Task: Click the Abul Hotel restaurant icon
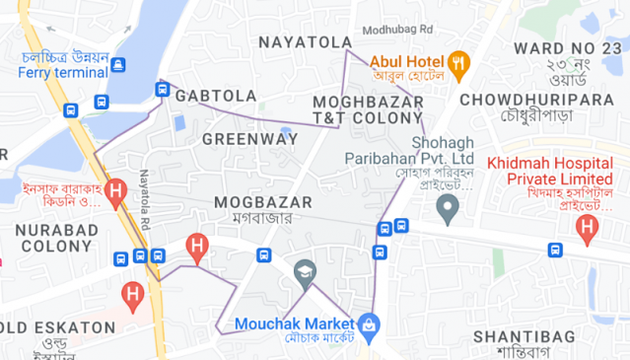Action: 458,65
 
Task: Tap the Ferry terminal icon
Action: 118,65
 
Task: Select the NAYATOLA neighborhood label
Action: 305,41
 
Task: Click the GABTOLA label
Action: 216,96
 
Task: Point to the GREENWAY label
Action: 249,139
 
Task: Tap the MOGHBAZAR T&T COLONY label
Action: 368,109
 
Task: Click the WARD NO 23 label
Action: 568,47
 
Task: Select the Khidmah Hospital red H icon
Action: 589,230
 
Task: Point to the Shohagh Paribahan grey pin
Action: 449,208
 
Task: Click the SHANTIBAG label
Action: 523,337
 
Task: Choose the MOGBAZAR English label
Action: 262,201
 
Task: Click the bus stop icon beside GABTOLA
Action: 163,90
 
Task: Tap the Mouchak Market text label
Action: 294,323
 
